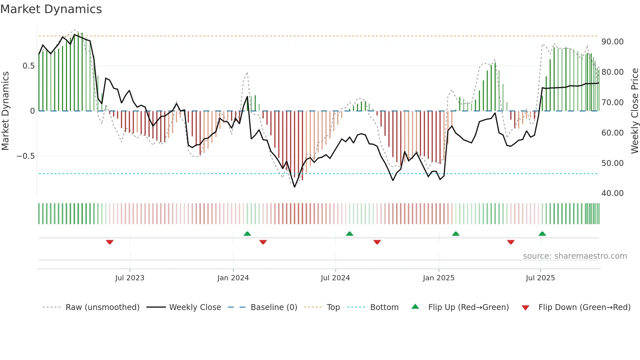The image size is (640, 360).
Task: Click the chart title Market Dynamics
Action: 51,9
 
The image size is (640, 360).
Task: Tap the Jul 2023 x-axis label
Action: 130,278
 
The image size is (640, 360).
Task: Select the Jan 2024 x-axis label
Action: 233,278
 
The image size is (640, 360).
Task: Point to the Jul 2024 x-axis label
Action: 335,278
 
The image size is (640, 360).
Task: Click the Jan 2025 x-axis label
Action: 439,278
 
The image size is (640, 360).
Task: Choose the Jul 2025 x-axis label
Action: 540,278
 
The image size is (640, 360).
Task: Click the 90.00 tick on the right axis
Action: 613,42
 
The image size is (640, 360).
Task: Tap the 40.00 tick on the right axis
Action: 613,193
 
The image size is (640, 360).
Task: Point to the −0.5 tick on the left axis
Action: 26,156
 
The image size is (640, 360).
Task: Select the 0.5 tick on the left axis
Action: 29,66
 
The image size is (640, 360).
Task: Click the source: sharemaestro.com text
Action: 575,256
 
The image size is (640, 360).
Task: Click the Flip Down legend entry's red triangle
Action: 525,308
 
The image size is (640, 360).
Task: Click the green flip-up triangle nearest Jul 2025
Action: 542,234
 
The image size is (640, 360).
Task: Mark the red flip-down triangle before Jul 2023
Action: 110,242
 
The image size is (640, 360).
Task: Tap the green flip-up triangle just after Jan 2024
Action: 247,234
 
